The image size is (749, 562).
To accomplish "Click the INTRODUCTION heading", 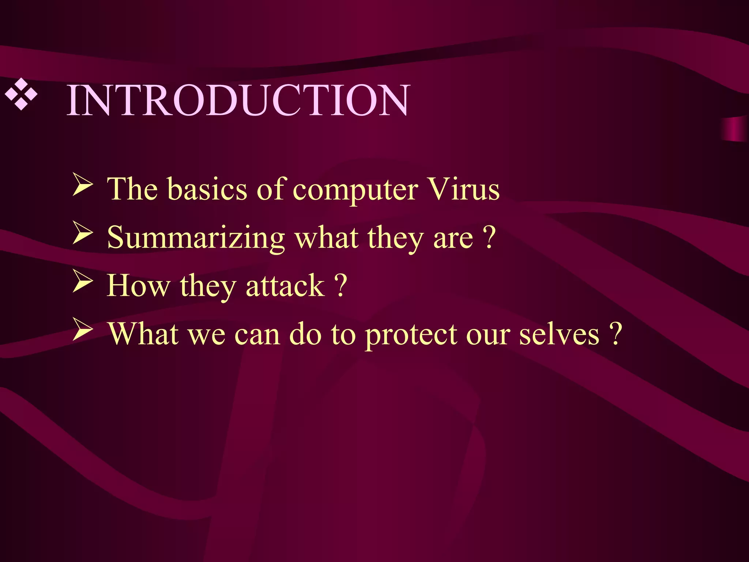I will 238,100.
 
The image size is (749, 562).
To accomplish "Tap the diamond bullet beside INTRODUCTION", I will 21,94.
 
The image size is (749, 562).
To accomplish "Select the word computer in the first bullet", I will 355,191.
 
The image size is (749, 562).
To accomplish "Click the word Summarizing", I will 196,238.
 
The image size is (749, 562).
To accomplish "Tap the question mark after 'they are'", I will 489,237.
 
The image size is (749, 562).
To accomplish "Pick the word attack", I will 285,286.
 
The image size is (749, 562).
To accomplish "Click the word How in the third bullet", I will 139,286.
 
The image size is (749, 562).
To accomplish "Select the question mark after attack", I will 340,286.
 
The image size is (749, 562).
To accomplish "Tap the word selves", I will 559,334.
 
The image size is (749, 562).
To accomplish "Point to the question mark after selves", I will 616,333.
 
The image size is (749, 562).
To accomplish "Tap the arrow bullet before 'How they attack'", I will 82,281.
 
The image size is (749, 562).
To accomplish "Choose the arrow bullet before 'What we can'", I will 82,329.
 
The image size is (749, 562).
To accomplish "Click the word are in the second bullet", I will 453,239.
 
